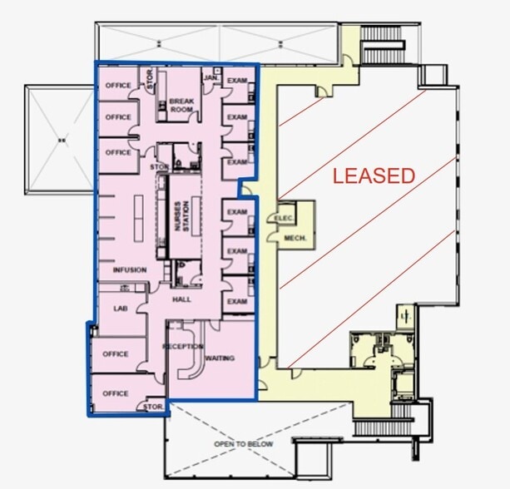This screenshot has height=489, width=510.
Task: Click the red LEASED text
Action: point(374,175)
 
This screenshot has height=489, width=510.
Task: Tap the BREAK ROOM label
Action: point(181,105)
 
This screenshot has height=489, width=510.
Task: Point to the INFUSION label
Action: point(129,270)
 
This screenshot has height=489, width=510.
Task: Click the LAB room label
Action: point(121,308)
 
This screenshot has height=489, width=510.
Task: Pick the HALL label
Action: point(183,298)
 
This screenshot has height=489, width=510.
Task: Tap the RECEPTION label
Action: point(184,345)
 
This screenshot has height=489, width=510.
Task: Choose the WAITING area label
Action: point(220,358)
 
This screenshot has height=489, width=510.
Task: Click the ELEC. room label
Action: point(278,218)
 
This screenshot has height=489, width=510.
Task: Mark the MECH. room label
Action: point(296,237)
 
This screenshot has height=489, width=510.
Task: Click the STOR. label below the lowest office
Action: point(153,407)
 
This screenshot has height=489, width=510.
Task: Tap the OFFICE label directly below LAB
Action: point(116,353)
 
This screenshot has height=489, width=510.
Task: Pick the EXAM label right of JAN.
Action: point(237,80)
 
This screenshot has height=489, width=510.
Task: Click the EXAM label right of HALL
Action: point(237,301)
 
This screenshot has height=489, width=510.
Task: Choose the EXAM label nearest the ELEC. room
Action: point(237,213)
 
